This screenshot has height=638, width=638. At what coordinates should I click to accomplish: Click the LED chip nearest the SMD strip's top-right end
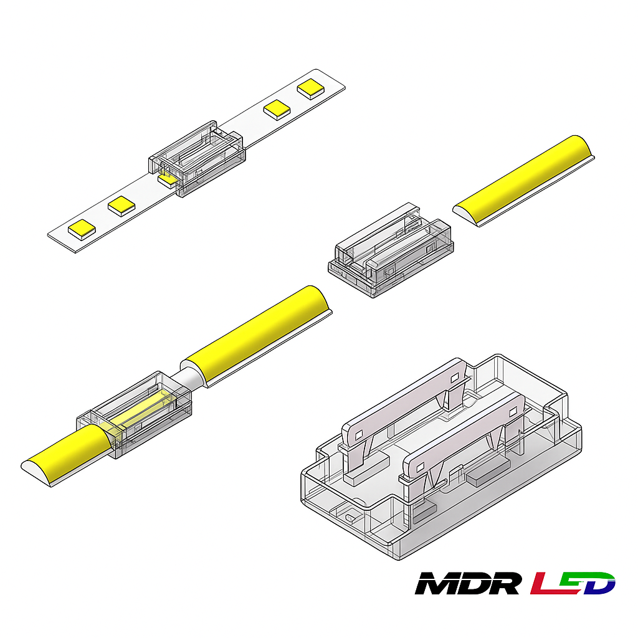tap(311, 88)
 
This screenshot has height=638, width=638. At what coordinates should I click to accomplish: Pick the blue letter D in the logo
tap(599, 583)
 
